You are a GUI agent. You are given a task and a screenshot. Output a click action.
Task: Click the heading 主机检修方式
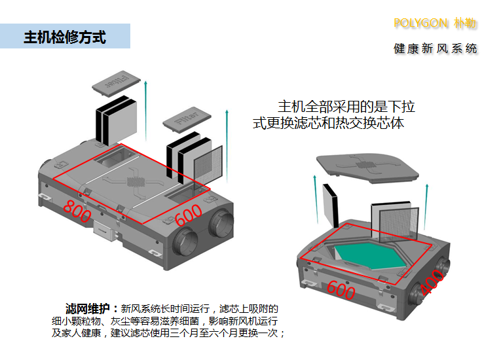click(x=65, y=37)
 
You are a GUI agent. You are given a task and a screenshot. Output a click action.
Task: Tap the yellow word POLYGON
click(x=421, y=24)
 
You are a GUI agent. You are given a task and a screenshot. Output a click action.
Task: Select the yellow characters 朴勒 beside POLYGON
click(x=466, y=24)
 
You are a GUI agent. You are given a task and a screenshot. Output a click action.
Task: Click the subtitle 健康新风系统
click(x=435, y=49)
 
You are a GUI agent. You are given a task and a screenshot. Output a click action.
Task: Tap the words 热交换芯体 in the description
click(x=371, y=122)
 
